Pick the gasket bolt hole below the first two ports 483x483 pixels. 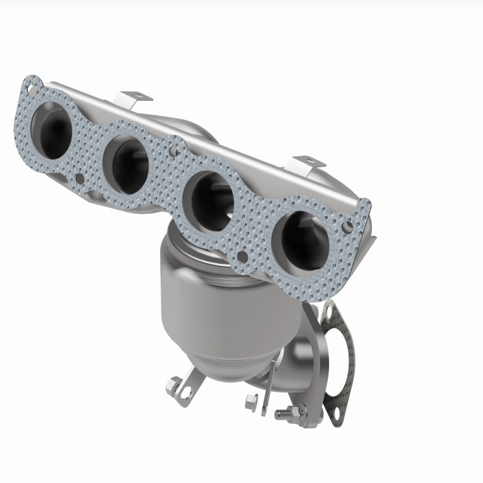coord(81,179)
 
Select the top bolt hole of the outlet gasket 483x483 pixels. coord(330,312)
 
